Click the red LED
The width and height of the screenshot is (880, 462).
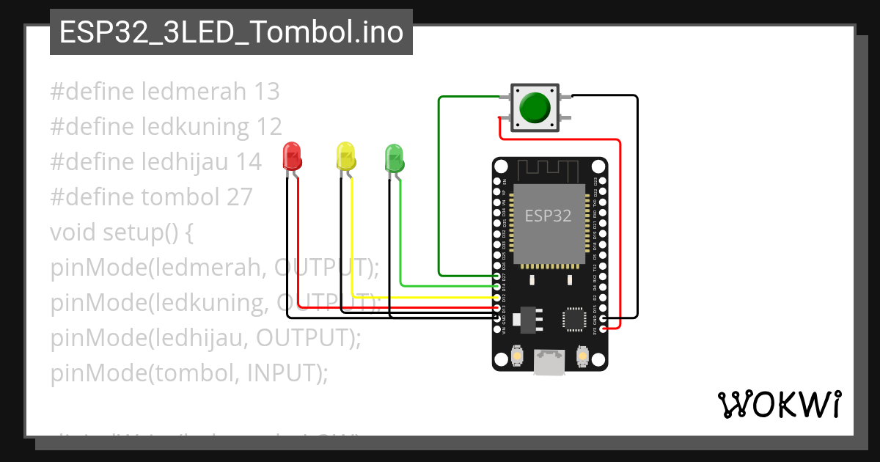click(x=292, y=157)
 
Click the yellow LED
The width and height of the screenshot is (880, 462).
click(x=345, y=157)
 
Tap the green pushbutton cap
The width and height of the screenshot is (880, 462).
click(x=535, y=108)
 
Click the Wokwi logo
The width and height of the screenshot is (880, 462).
click(x=778, y=404)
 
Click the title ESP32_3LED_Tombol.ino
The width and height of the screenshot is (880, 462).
click(x=231, y=32)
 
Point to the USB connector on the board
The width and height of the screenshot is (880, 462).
click(x=549, y=362)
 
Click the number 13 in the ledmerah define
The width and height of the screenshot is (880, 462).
click(x=266, y=92)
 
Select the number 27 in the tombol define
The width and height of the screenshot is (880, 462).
click(x=238, y=197)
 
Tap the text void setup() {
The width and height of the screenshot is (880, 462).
click(x=121, y=232)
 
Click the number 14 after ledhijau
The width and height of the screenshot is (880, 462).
click(x=247, y=162)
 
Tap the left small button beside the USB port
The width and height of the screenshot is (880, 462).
click(x=517, y=356)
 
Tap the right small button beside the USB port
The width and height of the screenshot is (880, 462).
click(x=582, y=356)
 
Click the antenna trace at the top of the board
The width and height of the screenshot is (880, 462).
click(x=549, y=170)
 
